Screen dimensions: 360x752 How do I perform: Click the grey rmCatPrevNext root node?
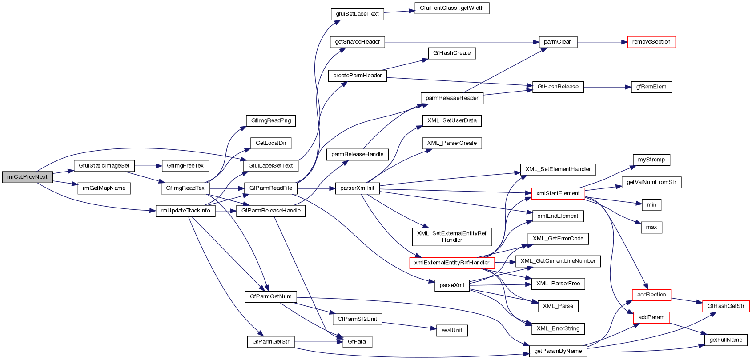27,177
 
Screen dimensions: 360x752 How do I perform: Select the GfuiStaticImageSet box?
104,166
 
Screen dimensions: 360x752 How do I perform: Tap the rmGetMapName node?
104,188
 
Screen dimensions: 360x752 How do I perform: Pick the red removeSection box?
651,42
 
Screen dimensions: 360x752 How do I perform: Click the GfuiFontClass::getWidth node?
452,8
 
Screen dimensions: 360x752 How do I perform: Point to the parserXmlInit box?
357,188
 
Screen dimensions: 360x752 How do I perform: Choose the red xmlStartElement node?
558,193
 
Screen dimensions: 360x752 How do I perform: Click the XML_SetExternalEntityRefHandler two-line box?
452,236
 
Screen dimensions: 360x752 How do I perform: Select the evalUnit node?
452,330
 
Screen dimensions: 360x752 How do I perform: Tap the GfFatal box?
357,342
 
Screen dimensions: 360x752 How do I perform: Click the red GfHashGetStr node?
726,306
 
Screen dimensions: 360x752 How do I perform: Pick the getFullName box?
726,340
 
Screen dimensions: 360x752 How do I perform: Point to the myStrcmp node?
651,160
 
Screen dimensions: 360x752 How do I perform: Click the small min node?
651,205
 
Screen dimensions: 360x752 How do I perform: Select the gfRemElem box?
651,87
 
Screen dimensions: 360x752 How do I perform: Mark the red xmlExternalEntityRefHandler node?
452,263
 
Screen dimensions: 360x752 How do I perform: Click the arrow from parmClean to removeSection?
602,42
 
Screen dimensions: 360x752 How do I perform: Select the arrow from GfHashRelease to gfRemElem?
607,87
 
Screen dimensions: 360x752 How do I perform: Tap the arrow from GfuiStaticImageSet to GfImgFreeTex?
148,166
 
